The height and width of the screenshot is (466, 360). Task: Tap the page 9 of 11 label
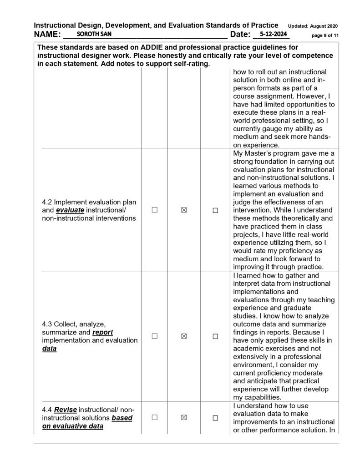coord(325,35)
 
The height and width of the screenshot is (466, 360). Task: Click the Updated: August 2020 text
coord(313,26)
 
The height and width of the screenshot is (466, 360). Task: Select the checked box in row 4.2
coord(184,210)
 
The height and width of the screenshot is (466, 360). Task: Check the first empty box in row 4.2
coord(155,210)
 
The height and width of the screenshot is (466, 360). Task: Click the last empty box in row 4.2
coord(215,210)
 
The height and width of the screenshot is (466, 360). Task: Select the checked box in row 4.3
coord(184,336)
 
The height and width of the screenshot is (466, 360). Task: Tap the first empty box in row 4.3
coord(155,336)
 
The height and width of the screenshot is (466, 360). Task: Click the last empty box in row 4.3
coord(215,336)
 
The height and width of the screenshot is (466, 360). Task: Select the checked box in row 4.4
coord(184,417)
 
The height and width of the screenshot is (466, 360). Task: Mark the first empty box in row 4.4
coord(155,417)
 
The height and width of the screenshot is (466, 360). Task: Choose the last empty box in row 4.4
coord(215,418)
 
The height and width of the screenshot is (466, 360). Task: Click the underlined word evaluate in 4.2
coord(70,210)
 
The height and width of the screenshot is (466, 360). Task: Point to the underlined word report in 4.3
coord(102,332)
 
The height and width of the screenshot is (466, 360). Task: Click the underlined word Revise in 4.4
coord(65,410)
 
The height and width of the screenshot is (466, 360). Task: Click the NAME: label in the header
coord(47,35)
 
